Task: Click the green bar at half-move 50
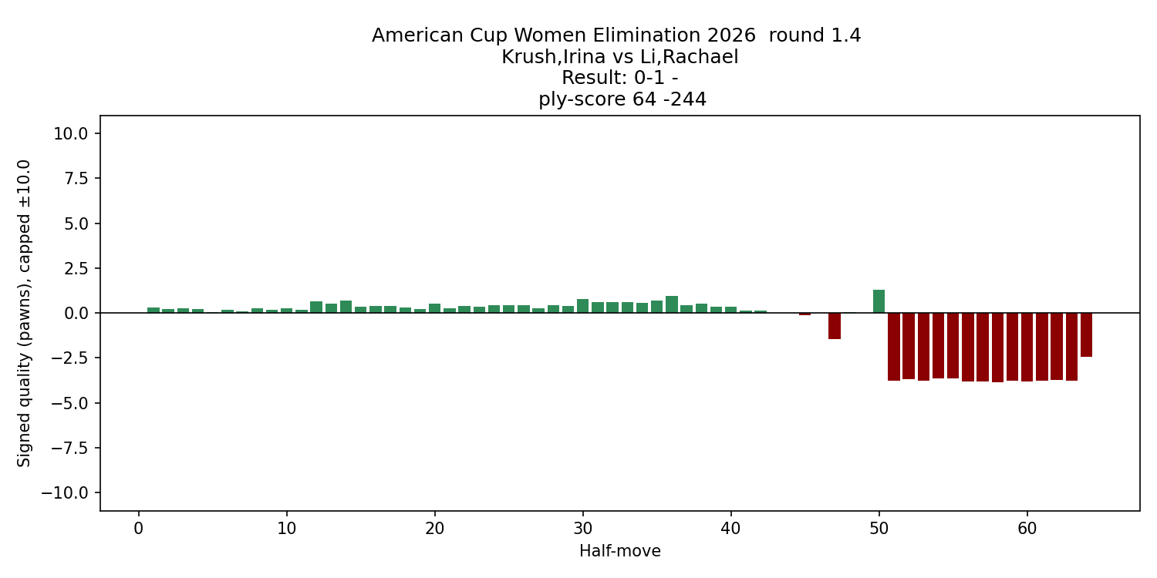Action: tap(879, 301)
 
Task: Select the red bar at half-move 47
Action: tap(835, 326)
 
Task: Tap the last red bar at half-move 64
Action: tap(1086, 334)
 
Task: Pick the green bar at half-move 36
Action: tap(672, 304)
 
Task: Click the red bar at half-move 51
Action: tap(894, 347)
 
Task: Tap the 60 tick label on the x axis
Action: tap(1027, 529)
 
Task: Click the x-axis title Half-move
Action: tap(619, 551)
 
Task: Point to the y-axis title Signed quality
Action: tap(24, 313)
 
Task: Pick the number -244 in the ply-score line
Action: tap(682, 99)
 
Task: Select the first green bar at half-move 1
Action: tap(153, 310)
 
